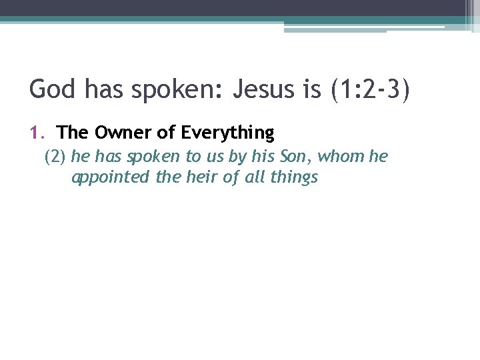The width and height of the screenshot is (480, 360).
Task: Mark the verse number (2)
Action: pos(55,157)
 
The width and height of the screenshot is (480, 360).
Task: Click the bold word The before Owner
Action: pos(69,133)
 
